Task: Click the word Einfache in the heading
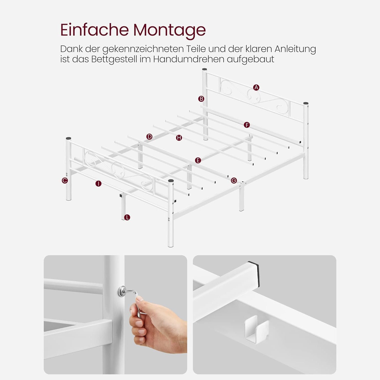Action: pos(94,30)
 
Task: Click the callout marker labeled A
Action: pos(256,87)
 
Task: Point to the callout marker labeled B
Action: pos(201,99)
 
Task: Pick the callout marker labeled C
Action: pos(65,180)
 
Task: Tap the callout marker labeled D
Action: pos(149,137)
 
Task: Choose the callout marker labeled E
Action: pos(198,160)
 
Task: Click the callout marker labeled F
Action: pos(247,125)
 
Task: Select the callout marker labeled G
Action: pos(234,180)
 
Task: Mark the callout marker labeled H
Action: pos(179,138)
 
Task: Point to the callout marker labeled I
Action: pos(98,184)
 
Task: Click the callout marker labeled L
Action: pos(127,217)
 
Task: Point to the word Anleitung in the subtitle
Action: pos(295,49)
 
